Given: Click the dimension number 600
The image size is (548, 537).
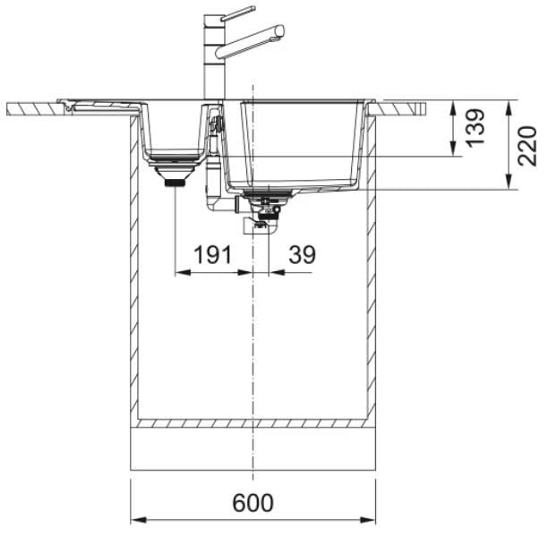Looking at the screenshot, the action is point(253,502).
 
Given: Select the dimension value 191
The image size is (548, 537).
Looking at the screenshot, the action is point(213,254).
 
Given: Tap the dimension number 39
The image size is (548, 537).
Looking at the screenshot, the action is point(302,254).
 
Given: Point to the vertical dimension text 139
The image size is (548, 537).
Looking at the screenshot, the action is point(475,127).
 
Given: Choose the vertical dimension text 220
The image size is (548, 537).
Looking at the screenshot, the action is point(527,146).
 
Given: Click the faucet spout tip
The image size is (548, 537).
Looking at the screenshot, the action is point(280,31).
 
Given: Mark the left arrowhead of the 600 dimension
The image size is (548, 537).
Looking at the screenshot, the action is point(139,520).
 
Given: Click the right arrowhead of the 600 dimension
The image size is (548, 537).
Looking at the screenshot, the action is point(368,520).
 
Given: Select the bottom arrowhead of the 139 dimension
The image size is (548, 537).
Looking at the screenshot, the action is point(454,149).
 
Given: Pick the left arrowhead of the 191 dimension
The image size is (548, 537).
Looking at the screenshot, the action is point(183,272).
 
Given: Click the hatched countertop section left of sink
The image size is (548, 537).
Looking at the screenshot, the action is point(33,108).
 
